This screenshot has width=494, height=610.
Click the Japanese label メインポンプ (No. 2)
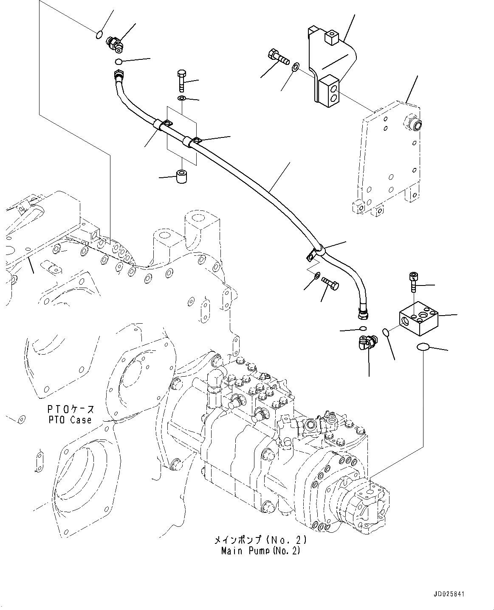260,541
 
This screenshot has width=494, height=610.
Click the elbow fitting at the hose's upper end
115,44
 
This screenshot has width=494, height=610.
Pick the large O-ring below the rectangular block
423,348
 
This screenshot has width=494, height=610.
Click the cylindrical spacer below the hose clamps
183,175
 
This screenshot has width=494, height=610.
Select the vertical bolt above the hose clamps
181,80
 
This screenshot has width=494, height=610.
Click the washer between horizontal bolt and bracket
296,66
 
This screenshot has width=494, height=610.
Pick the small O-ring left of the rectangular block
386,331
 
